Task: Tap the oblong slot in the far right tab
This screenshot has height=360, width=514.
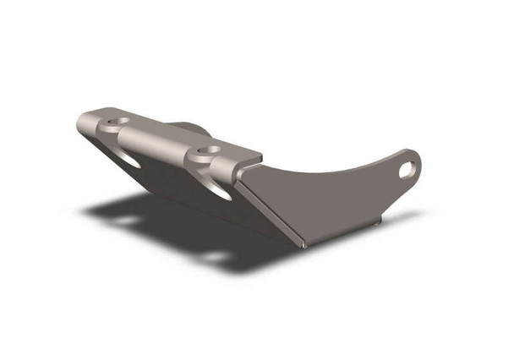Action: tap(407, 168)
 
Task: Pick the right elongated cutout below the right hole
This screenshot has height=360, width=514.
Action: tap(219, 190)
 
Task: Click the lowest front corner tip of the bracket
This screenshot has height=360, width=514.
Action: tap(303, 245)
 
